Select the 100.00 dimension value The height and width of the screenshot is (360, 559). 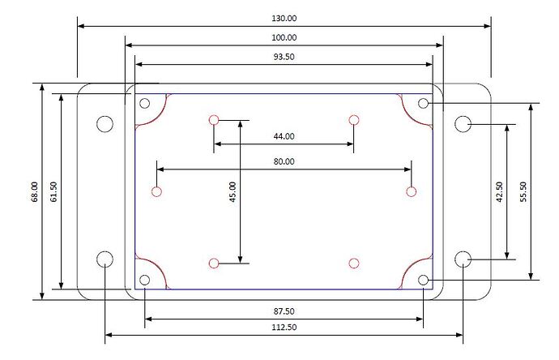tap(284, 37)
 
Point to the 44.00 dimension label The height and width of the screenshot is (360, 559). tap(284, 137)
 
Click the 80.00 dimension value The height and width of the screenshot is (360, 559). tap(284, 161)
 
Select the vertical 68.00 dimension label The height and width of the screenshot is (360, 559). tap(33, 191)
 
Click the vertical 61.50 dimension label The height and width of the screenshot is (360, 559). tap(53, 191)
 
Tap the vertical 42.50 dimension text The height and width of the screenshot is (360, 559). tap(499, 192)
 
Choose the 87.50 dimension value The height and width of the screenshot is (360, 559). tap(284, 311)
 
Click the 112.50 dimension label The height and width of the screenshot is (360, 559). tap(284, 328)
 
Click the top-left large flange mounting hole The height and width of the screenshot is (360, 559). tap(105, 123)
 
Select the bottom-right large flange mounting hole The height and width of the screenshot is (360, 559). tap(463, 259)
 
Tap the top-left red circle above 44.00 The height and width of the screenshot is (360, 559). tap(214, 120)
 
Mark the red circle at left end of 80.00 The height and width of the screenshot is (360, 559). tap(157, 191)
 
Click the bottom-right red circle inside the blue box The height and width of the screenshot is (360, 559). tap(353, 263)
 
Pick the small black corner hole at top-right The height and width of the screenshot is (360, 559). tap(423, 104)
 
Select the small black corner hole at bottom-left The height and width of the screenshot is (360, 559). tap(144, 280)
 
